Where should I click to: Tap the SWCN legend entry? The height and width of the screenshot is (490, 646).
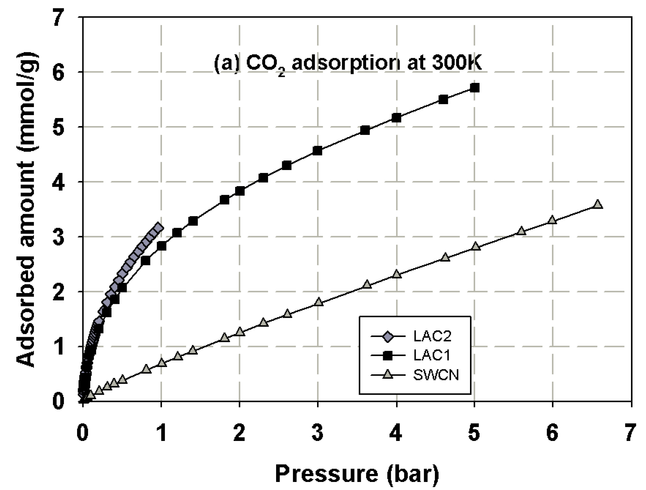coord(435,375)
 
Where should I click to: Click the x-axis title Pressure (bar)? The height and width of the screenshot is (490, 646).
coord(357,474)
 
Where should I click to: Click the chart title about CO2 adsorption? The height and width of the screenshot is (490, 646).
coord(348,64)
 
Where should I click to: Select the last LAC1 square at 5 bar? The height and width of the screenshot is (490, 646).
coord(474,88)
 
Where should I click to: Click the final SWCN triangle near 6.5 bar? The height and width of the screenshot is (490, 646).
coord(598,204)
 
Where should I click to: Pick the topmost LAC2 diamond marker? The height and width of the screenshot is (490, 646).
coord(158,227)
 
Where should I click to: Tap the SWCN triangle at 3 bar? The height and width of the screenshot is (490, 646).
coord(318,302)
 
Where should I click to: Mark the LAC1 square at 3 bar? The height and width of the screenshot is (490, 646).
coord(318,151)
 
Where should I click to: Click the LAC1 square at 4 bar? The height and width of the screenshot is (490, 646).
coord(396,118)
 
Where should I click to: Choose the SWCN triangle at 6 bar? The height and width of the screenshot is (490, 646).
coord(552,220)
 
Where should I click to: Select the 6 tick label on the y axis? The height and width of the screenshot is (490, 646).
coord(58,72)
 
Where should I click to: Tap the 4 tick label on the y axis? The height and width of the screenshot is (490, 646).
coord(58,182)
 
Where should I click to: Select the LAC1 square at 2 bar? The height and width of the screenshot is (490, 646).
coord(240,191)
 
